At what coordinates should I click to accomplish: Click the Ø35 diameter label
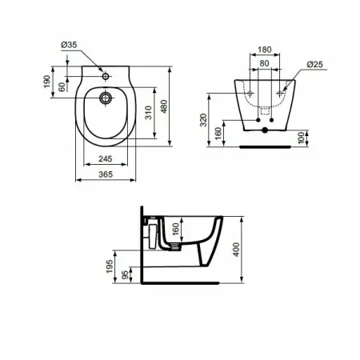[69, 45]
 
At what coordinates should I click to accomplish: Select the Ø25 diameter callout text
[314, 64]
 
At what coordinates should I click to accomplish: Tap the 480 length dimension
[164, 106]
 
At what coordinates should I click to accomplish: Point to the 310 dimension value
[149, 113]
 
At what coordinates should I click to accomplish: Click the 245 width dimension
[106, 158]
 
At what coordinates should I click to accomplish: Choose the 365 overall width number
[106, 174]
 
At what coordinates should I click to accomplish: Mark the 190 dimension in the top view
[47, 82]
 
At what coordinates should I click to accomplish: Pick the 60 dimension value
[62, 87]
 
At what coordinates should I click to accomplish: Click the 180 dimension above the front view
[265, 50]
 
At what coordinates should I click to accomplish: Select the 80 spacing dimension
[264, 63]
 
